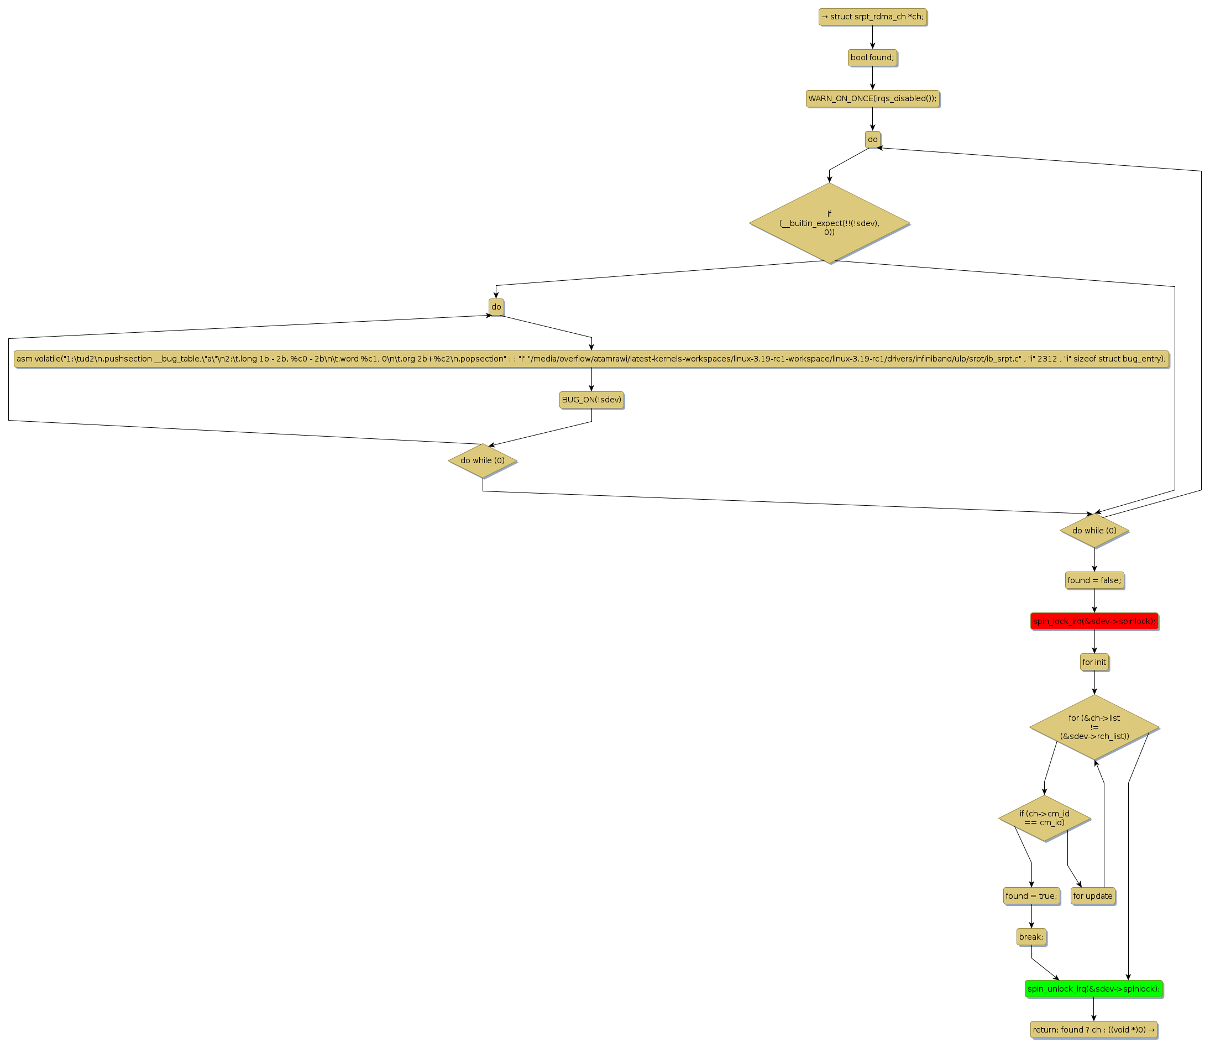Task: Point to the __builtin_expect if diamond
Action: click(829, 223)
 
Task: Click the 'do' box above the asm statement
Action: click(496, 307)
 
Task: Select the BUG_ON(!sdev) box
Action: click(591, 400)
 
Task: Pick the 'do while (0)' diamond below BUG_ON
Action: click(483, 461)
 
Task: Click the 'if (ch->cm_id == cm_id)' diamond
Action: click(1044, 818)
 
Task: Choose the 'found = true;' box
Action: click(1031, 896)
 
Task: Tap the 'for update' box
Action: click(1092, 896)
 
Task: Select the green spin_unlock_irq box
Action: click(1093, 989)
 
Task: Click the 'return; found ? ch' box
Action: click(1093, 1030)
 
